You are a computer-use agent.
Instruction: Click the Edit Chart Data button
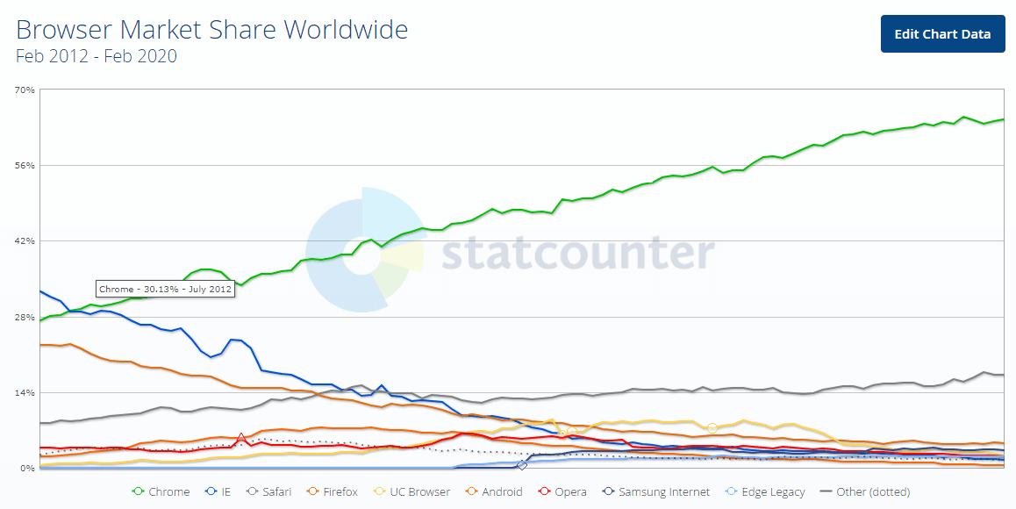coord(942,34)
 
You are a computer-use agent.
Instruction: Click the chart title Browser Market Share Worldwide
coord(212,30)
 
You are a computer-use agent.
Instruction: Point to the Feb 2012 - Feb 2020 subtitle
coord(97,56)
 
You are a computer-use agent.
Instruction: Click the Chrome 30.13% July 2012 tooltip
coord(165,289)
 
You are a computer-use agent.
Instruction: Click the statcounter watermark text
coord(577,253)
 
